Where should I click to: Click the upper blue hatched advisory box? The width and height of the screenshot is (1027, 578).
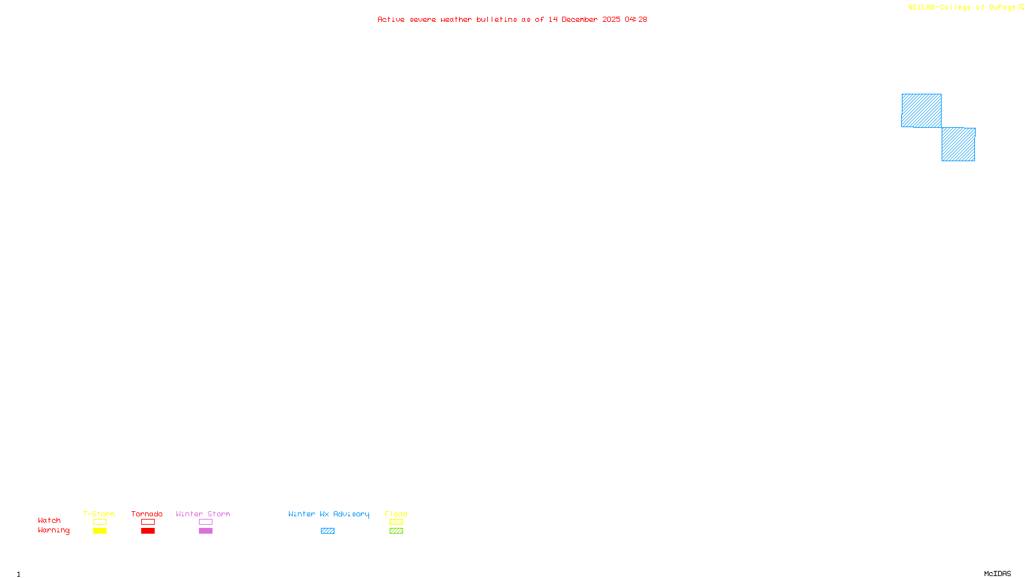tap(921, 110)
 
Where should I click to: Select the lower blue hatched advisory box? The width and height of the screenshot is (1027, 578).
tap(958, 144)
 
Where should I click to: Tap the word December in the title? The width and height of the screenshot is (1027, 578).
tap(580, 19)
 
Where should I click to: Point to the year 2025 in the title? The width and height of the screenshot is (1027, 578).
tap(611, 19)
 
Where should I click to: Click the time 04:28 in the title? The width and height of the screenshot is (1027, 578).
tap(636, 19)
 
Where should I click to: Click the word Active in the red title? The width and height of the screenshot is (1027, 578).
tap(391, 19)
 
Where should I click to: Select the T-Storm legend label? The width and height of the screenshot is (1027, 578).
tap(99, 514)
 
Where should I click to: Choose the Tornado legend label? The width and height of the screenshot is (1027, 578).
tap(147, 514)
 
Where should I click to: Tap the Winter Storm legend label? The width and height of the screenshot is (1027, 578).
tap(203, 514)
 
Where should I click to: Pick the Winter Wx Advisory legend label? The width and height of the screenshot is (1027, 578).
tap(329, 514)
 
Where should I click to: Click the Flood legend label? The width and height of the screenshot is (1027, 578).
tap(396, 514)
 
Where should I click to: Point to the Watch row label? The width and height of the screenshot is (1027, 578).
tap(49, 520)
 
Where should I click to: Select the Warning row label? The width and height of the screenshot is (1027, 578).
tap(53, 530)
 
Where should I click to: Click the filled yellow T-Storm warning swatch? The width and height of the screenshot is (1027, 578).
tap(99, 531)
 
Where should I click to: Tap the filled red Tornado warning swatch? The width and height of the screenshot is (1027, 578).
tap(148, 531)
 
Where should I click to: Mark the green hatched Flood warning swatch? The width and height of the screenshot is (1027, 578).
tap(396, 531)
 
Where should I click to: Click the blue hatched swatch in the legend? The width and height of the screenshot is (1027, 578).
tap(327, 531)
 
